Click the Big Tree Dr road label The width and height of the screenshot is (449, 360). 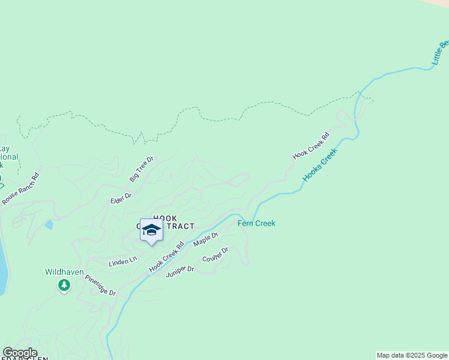pos(142,169)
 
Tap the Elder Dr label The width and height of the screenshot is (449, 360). pos(121,197)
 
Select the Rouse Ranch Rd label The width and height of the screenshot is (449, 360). pos(20,189)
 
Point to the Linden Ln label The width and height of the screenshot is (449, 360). pos(122,262)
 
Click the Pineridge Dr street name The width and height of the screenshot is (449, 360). pos(100,285)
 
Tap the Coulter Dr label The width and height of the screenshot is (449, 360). pos(215,254)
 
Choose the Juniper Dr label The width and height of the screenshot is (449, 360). pos(180,272)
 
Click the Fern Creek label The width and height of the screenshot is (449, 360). pos(256,223)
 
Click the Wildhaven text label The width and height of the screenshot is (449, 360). pos(64,272)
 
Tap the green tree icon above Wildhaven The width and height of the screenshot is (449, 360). pos(64,286)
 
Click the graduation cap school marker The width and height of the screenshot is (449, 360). pos(151,230)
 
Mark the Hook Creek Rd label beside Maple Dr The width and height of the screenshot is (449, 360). pos(166,257)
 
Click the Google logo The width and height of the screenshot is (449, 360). pos(20,353)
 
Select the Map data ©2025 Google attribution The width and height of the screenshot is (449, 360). pos(412,355)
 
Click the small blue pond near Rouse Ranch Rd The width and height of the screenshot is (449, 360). pos(49,225)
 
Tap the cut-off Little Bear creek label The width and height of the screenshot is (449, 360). pos(441,53)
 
